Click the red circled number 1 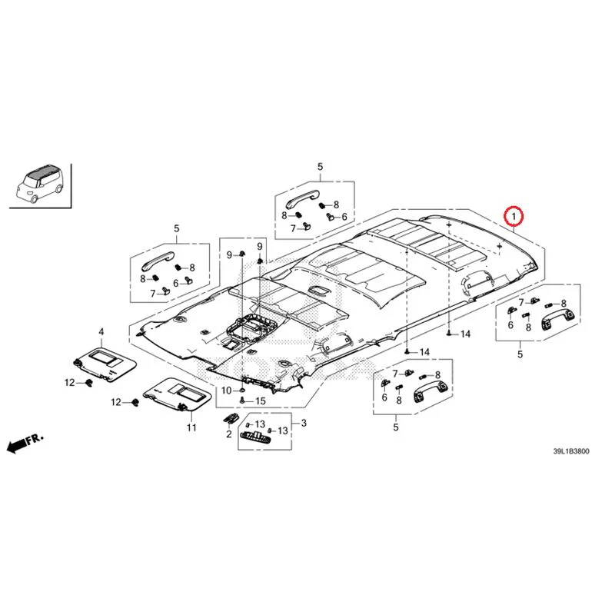(514, 216)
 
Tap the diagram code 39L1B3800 (570, 451)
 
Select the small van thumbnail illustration (40, 184)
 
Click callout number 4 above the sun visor (101, 332)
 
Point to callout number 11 (191, 427)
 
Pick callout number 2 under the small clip (228, 434)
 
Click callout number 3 (304, 424)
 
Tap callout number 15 (261, 401)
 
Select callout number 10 (227, 391)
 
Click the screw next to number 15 (242, 401)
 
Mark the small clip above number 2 (231, 418)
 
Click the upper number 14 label (465, 334)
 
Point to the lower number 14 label (424, 352)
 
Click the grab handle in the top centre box (301, 200)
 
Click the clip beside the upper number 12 (89, 382)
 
